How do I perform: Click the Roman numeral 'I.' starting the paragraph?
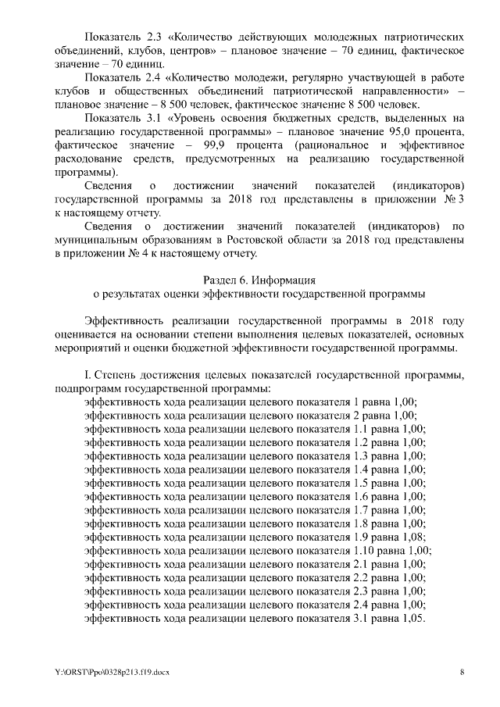click(x=87, y=374)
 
